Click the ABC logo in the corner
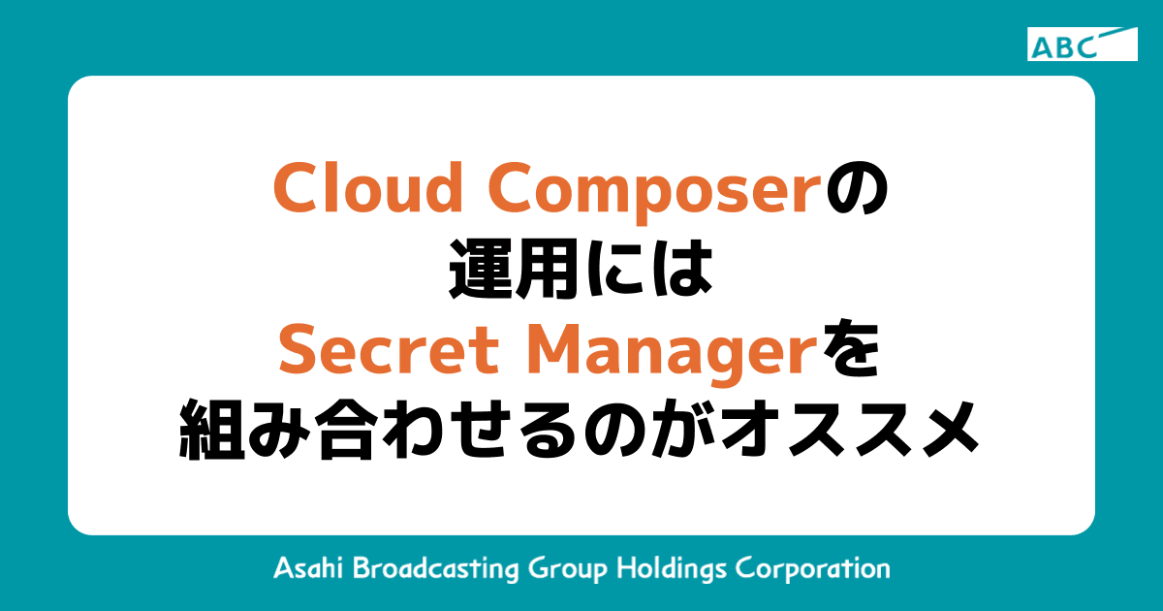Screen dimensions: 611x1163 pyautogui.click(x=1082, y=45)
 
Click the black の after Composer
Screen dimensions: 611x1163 pyautogui.click(x=856, y=189)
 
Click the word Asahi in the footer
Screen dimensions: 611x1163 pyautogui.click(x=307, y=567)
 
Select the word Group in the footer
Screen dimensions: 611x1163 pyautogui.click(x=566, y=568)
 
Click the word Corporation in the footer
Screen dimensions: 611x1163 pyautogui.click(x=813, y=568)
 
